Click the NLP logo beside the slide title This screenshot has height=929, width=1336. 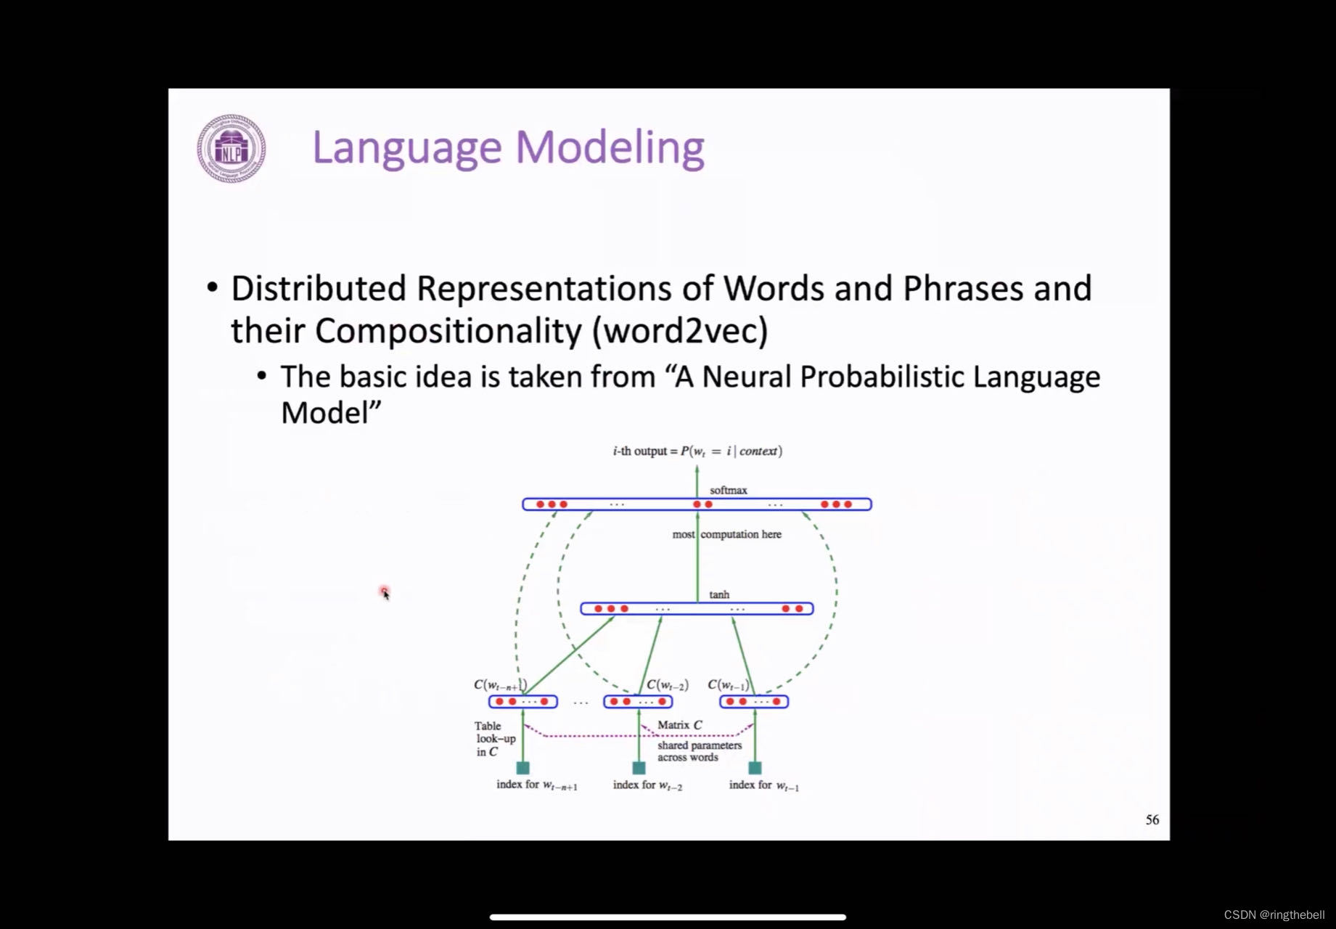coord(231,148)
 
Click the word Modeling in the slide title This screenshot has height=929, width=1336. coord(610,148)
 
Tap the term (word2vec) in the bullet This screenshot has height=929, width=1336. coord(680,331)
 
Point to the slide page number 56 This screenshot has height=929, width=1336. coord(1152,819)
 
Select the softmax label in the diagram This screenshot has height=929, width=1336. coord(728,491)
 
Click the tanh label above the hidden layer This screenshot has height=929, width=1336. coord(719,594)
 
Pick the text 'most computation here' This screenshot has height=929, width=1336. coord(726,534)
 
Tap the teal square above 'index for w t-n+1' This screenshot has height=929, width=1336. coord(522,768)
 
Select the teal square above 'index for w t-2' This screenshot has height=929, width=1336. coord(639,768)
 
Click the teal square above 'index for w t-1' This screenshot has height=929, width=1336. coord(755,768)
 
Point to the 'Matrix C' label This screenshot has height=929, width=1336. coord(679,724)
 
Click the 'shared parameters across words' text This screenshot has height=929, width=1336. coord(699,751)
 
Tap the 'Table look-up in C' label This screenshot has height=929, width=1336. coord(495,739)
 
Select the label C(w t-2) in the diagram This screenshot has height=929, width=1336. coord(667,684)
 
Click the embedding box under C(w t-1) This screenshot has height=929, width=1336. coord(754,702)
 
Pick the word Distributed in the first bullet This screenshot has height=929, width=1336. coord(318,288)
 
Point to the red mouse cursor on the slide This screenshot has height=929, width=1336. coord(385,593)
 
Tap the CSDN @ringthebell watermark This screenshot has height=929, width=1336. coord(1274,914)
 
